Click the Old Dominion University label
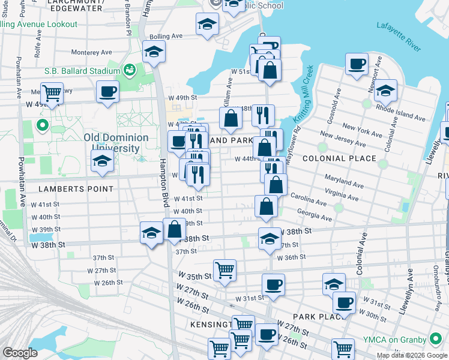point(116,143)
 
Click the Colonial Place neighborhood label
point(340,158)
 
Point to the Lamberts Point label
point(76,188)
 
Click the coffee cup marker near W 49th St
point(107,92)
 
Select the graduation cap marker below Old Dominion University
point(102,161)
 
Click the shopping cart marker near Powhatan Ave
point(52,93)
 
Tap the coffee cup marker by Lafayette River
point(357,64)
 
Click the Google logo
point(20,353)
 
